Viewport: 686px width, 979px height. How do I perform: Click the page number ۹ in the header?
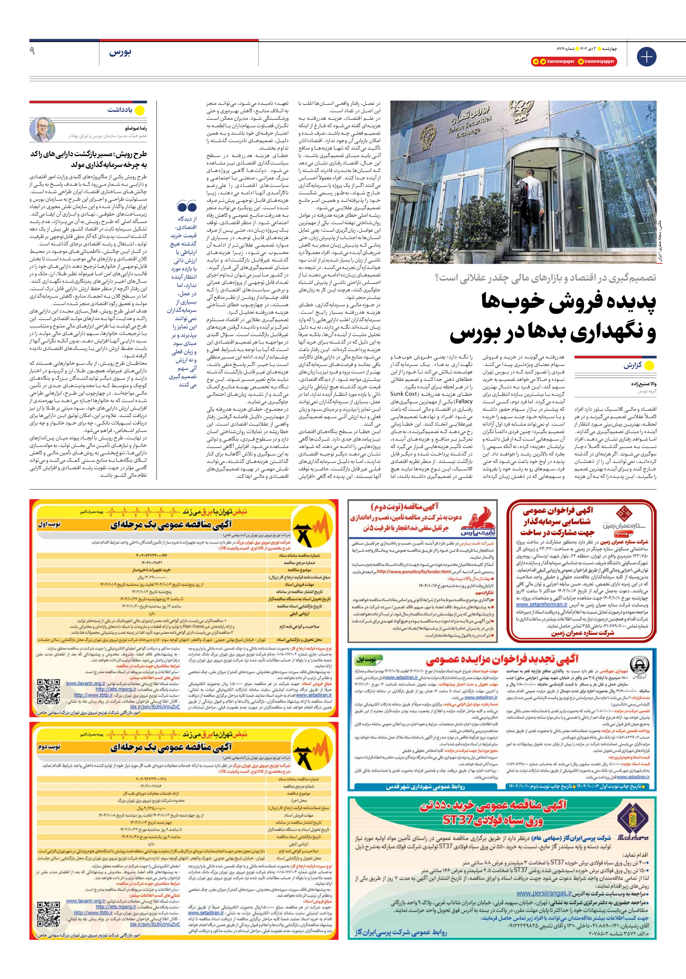click(x=32, y=52)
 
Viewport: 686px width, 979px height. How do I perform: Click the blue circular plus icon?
click(x=646, y=57)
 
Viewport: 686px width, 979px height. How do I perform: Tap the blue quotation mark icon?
click(x=187, y=207)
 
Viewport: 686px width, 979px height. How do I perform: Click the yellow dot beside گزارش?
click(x=649, y=365)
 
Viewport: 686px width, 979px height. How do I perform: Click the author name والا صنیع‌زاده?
click(x=643, y=384)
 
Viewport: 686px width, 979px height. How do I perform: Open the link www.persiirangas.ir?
click(x=544, y=893)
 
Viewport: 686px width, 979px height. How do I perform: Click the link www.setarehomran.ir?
click(x=541, y=604)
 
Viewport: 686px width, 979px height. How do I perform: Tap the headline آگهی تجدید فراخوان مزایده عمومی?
click(x=502, y=659)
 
